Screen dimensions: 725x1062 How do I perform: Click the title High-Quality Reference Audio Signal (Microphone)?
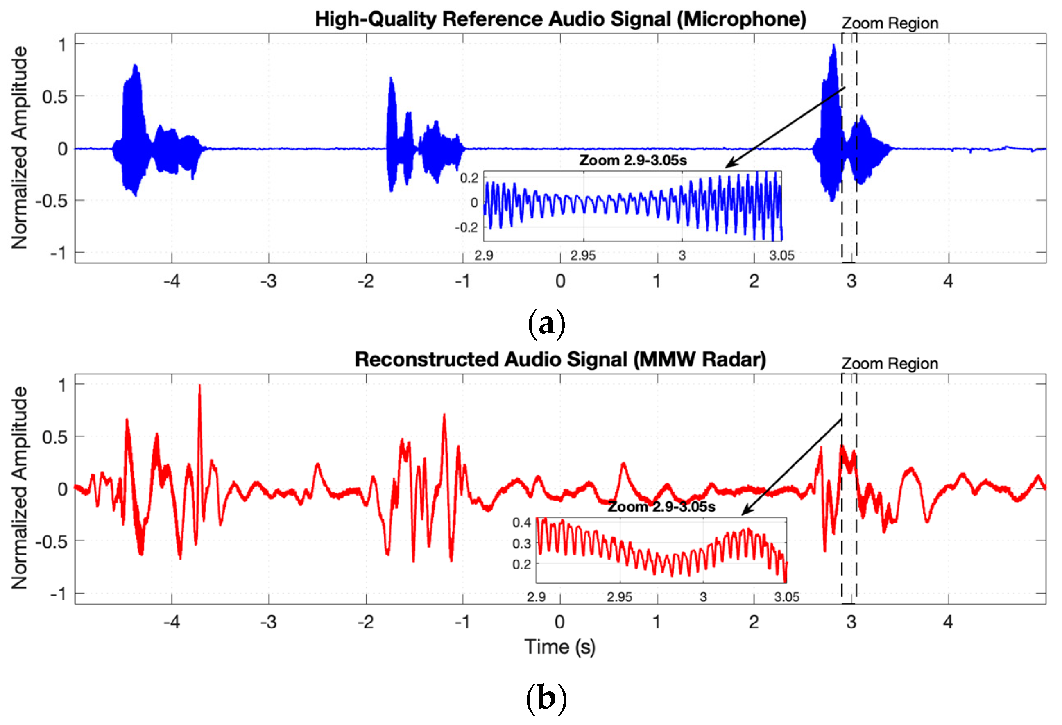[560, 20]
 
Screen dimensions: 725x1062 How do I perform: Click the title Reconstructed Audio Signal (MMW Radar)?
[560, 360]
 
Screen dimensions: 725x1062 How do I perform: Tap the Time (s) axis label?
[560, 647]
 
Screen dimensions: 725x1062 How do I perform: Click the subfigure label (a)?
[546, 324]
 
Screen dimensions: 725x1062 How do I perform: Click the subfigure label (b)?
[546, 698]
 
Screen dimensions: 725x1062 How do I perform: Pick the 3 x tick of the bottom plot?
[851, 622]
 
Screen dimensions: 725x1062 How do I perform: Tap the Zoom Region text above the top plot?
[890, 23]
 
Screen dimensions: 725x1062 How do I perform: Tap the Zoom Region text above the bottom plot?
[890, 364]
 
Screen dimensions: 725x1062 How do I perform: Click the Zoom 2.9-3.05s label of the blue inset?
[633, 161]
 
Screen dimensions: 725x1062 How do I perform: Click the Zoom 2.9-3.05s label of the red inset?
[661, 507]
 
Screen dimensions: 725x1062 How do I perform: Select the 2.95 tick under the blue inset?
[583, 256]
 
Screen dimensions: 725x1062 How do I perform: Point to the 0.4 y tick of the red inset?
[521, 522]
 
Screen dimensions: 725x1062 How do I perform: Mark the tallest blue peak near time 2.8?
[834, 46]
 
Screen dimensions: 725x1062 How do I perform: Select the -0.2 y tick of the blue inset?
[466, 227]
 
